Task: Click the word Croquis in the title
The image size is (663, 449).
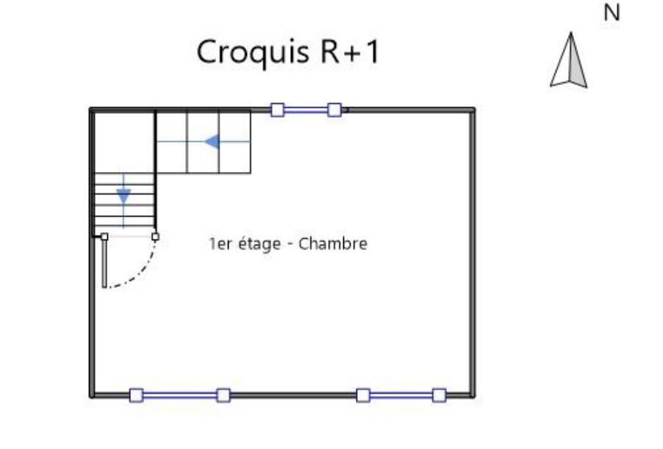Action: coord(239,52)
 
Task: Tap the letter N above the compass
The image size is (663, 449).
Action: coord(611,12)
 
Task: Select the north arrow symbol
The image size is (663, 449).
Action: coord(569,62)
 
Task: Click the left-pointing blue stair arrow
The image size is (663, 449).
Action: coord(213,141)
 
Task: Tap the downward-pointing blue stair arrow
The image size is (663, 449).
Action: coord(123,195)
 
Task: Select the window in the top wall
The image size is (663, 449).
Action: coord(306,110)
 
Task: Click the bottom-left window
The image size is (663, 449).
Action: coord(179,395)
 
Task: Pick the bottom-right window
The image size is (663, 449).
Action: coord(401,395)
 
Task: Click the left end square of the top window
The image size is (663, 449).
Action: coord(277,110)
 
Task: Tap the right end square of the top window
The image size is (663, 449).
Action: coord(334,110)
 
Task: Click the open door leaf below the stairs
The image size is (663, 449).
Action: coord(104,263)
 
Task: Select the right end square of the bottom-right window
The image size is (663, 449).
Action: coord(439,395)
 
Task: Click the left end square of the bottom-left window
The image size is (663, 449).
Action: coord(136,395)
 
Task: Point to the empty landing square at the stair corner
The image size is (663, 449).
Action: coord(123,141)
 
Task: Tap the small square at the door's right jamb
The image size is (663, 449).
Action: coord(155,237)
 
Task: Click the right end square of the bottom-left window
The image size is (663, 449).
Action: coord(223,395)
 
